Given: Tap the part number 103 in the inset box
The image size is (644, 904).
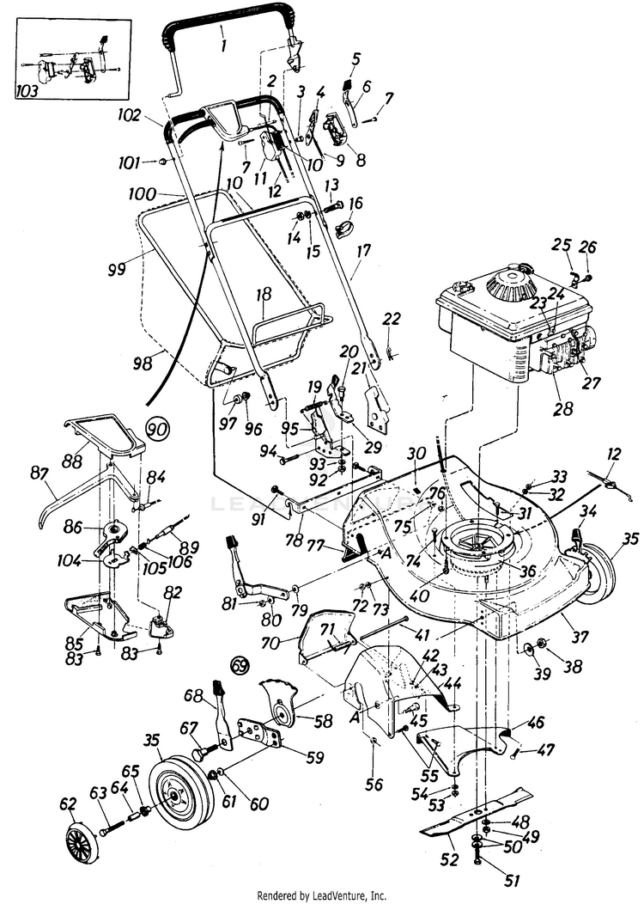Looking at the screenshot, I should [28, 90].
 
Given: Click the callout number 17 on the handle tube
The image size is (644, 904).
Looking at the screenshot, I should [364, 251].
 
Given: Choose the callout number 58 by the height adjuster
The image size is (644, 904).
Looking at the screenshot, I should [324, 720].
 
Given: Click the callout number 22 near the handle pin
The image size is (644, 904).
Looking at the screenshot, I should [392, 319].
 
